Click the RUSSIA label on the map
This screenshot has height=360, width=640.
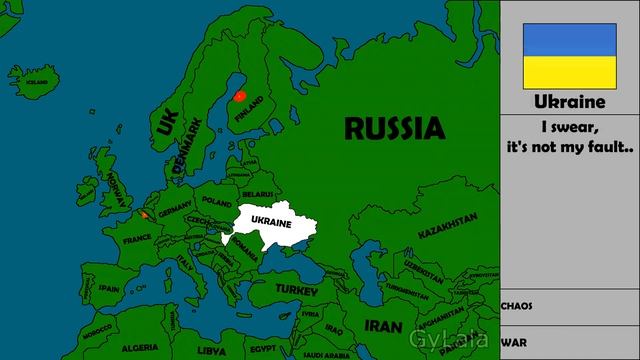pyautogui.click(x=394, y=127)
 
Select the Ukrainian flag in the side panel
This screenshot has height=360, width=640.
pyautogui.click(x=569, y=55)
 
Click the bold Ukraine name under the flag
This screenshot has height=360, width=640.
pyautogui.click(x=569, y=102)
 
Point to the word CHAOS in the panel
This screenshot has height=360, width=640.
pyautogui.click(x=517, y=306)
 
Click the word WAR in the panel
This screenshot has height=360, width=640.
pyautogui.click(x=514, y=341)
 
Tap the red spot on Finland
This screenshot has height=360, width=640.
pyautogui.click(x=239, y=95)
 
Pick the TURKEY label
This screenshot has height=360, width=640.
pyautogui.click(x=297, y=289)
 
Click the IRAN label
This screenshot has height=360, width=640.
pyautogui.click(x=383, y=326)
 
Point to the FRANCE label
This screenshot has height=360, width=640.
pyautogui.click(x=138, y=240)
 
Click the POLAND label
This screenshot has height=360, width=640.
pyautogui.click(x=216, y=200)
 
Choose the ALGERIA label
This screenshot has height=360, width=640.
pyautogui.click(x=139, y=348)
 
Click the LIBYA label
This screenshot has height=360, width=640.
pyautogui.click(x=212, y=351)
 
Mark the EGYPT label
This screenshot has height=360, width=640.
pyautogui.click(x=262, y=349)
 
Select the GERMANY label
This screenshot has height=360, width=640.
pyautogui.click(x=175, y=211)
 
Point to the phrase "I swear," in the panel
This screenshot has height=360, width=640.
pyautogui.click(x=569, y=129)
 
